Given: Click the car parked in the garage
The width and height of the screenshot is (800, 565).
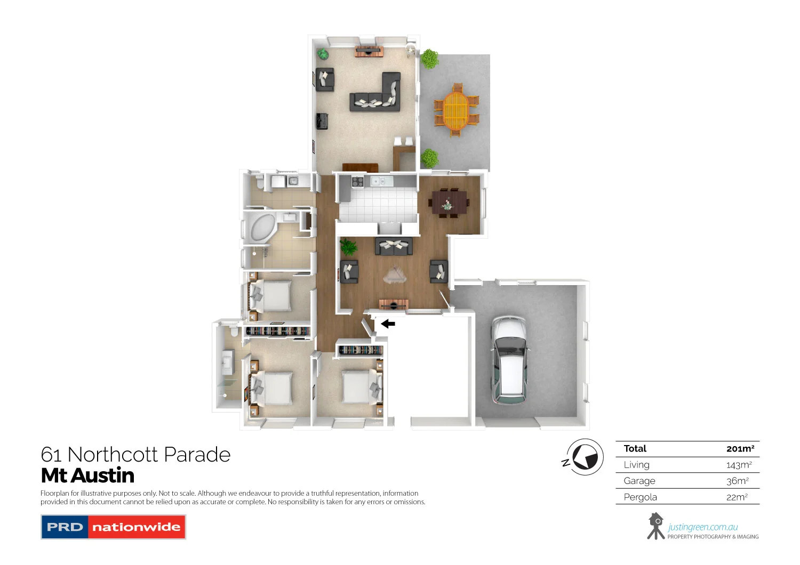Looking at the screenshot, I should coord(509,360).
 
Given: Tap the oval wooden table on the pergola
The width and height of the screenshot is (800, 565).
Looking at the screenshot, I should coord(456,110).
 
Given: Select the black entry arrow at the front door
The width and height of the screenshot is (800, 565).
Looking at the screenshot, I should coord(388,324).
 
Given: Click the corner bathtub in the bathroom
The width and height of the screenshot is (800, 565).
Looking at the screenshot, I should coord(261,227).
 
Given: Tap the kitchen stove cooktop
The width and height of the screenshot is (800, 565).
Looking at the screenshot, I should coord(357,182).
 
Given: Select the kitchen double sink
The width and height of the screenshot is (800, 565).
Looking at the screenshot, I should coord(379,182).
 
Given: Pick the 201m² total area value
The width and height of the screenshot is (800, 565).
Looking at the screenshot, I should coord(740,449).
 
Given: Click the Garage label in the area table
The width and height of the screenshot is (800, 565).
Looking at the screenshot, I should coord(639,481).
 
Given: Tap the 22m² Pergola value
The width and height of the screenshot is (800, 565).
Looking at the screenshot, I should coord(737,497).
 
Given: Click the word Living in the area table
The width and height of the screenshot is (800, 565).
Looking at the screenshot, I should coord(636,465).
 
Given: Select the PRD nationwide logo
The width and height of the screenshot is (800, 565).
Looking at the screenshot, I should coord(113,527).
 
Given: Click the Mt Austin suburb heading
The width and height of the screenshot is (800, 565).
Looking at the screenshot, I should coord(87,475).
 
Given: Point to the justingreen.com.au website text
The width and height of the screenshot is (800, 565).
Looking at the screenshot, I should coord(702,527).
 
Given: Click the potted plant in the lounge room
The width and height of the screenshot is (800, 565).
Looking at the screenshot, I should coord(348,247).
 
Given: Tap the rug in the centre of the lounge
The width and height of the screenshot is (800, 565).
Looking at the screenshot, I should coord(394,275).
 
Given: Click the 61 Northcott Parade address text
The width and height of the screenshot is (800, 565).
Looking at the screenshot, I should coord(135,455).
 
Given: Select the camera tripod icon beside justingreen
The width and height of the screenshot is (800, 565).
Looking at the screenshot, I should coord(655,526).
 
